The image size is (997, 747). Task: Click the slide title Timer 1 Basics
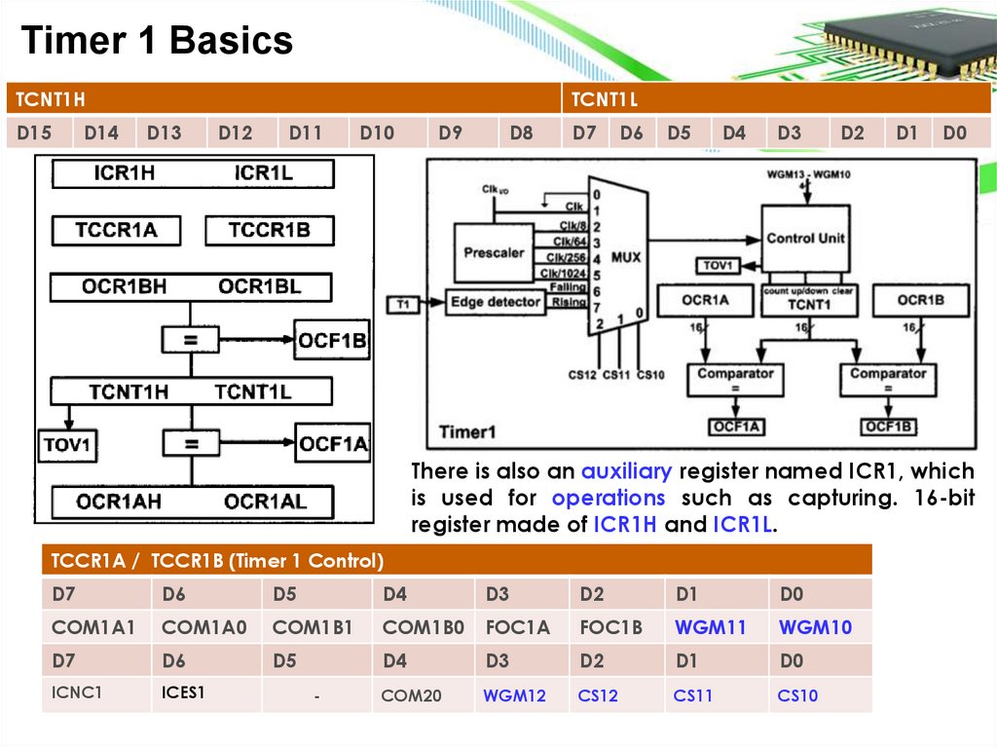[157, 41]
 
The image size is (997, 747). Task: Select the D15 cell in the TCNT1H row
[35, 133]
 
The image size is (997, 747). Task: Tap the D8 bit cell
[522, 133]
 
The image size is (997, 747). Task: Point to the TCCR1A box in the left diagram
[116, 231]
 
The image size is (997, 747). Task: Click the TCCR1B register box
[270, 231]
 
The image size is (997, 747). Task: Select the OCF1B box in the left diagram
[333, 341]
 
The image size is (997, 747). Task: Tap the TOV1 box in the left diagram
[67, 446]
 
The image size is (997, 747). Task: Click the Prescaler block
[494, 252]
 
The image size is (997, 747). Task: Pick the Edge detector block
[495, 303]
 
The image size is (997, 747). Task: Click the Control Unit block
[804, 238]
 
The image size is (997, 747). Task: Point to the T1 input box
[403, 305]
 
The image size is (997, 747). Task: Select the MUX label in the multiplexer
[626, 257]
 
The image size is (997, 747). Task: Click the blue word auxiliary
[626, 471]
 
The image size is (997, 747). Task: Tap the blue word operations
[608, 498]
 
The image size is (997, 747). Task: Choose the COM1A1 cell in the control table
[93, 628]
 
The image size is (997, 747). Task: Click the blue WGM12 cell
[514, 696]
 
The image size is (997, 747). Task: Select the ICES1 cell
[184, 694]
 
